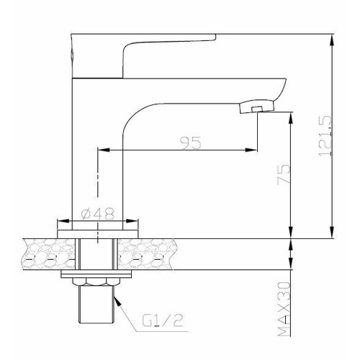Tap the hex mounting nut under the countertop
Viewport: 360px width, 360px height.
coord(89,283)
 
